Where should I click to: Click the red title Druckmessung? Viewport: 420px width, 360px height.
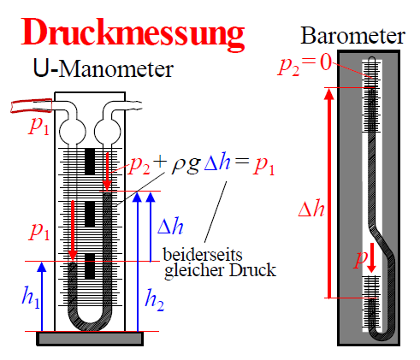[x=133, y=33]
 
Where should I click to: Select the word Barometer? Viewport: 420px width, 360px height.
[x=352, y=36]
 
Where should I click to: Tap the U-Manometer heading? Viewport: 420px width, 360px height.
[x=104, y=68]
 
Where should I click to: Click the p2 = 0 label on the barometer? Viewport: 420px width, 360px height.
[x=305, y=66]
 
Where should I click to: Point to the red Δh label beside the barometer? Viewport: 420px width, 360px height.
[x=311, y=209]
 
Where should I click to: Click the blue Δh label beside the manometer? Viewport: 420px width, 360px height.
[x=170, y=226]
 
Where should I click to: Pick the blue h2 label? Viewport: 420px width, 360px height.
[x=154, y=300]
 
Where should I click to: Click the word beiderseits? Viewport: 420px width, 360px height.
[x=203, y=254]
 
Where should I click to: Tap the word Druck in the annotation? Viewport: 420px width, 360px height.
[x=252, y=269]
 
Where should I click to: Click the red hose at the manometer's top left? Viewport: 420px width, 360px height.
[x=31, y=105]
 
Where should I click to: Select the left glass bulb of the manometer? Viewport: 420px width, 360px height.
[x=73, y=131]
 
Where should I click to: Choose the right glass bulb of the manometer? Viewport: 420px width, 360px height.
[x=108, y=131]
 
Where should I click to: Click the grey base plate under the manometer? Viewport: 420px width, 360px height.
[x=90, y=339]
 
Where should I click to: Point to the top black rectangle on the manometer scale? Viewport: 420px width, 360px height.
[x=90, y=162]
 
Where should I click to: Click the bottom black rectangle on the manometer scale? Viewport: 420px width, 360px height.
[x=90, y=266]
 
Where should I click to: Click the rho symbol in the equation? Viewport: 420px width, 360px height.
[x=179, y=166]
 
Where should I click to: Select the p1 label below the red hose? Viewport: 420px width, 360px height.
[x=39, y=126]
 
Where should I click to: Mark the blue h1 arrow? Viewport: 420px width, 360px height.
[x=42, y=297]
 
